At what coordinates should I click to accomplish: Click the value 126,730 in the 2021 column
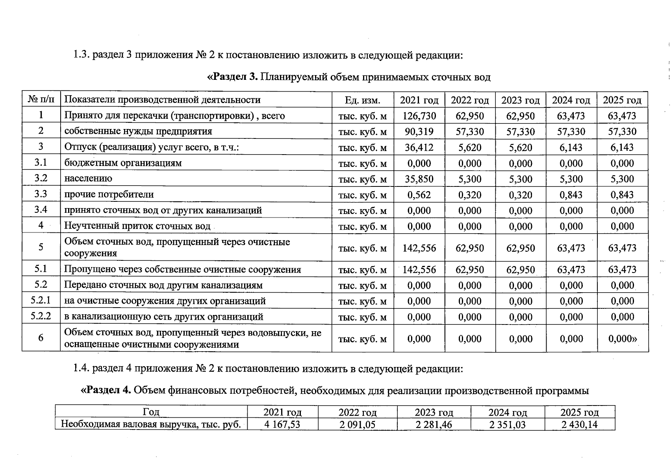[419, 116]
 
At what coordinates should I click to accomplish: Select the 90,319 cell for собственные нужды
[419, 131]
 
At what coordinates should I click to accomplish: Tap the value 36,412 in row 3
[419, 147]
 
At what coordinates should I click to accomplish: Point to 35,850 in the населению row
[419, 179]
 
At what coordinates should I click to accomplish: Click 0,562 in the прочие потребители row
[419, 195]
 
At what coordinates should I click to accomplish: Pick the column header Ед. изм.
[362, 100]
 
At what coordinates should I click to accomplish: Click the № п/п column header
[41, 100]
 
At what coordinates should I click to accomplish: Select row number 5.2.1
[41, 301]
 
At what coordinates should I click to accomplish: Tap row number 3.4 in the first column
[41, 210]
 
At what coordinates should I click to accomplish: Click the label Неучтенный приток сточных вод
[137, 226]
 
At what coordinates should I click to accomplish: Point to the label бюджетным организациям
[123, 163]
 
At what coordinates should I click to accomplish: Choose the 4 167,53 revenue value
[282, 424]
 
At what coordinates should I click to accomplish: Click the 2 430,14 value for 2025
[579, 424]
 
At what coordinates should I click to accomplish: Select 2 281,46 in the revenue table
[434, 424]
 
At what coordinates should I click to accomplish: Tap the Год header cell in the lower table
[151, 412]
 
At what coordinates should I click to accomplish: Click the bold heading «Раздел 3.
[232, 77]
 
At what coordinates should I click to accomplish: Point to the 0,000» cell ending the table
[622, 339]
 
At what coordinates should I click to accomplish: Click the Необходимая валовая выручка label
[151, 424]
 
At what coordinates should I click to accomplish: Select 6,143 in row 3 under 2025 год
[622, 147]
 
